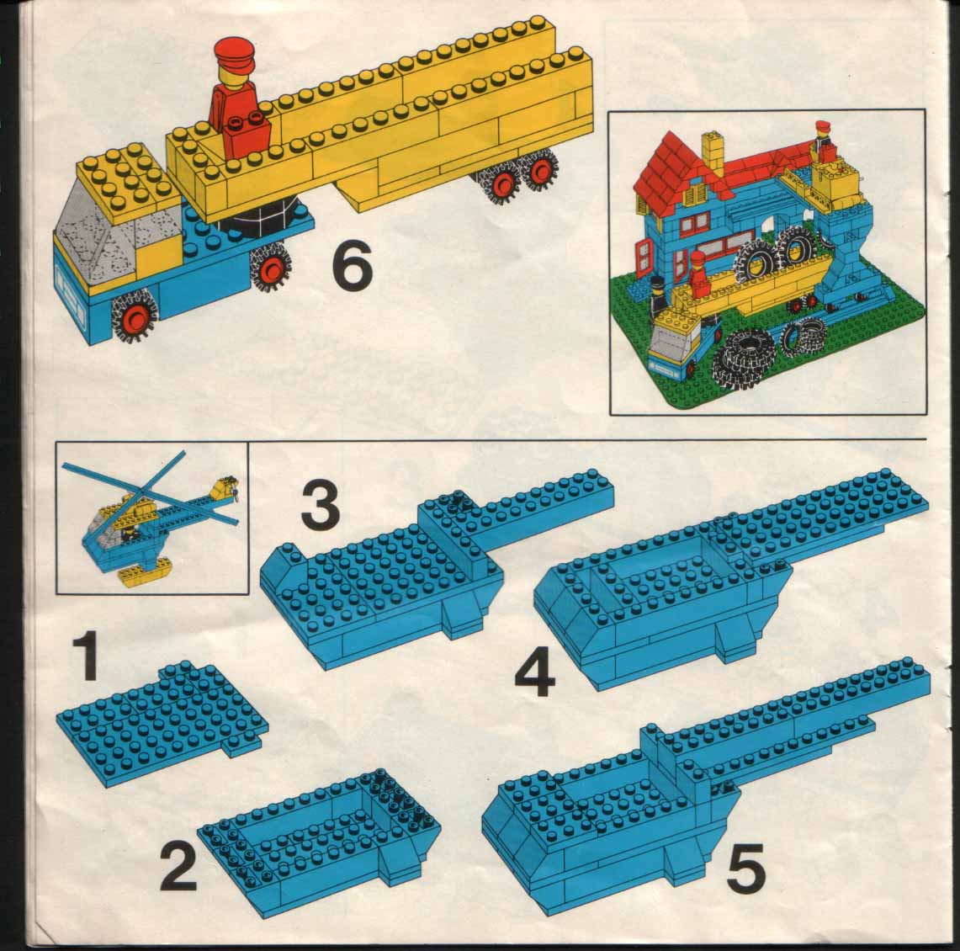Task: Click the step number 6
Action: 352,267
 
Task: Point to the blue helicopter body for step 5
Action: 606,808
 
